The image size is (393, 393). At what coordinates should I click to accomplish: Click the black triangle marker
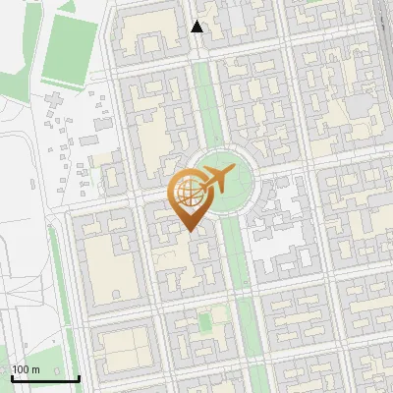point(197,28)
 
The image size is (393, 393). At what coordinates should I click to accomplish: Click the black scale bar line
point(45,378)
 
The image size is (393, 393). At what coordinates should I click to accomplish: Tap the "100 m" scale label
point(26,369)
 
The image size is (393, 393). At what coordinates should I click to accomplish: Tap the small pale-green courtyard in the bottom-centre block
point(204,322)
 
